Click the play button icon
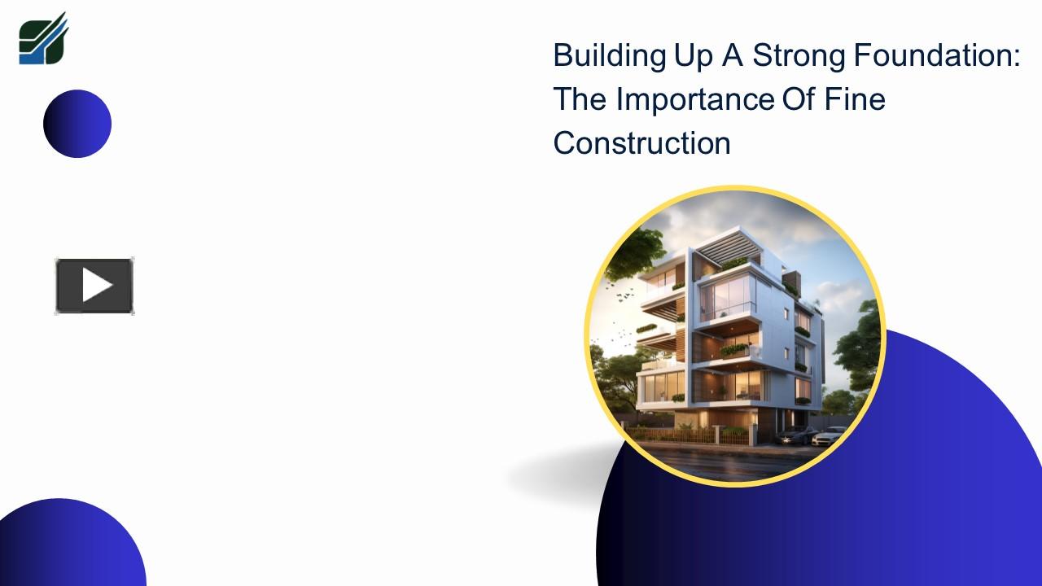(x=94, y=286)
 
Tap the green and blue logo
(x=43, y=39)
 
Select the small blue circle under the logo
(x=77, y=124)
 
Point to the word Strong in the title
(x=799, y=56)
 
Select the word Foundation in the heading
(x=932, y=56)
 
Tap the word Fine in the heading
(x=854, y=99)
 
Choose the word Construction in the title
(x=641, y=143)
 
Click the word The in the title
(x=580, y=99)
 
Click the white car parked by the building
(x=829, y=435)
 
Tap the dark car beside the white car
(x=796, y=435)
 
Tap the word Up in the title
(x=692, y=56)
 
